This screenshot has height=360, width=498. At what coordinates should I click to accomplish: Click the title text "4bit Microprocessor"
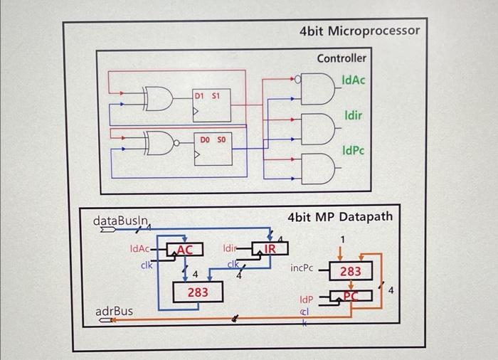[x=359, y=31]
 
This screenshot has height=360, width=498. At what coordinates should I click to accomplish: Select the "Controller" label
[x=341, y=58]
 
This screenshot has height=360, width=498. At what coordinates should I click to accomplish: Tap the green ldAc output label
[x=354, y=80]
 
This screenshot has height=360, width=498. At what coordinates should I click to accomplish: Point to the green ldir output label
[x=354, y=115]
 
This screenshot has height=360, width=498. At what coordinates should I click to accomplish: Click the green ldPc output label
[x=354, y=151]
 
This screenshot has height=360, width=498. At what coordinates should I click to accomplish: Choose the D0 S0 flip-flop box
[x=213, y=147]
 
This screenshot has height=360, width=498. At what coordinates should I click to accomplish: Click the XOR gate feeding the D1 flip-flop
[x=159, y=100]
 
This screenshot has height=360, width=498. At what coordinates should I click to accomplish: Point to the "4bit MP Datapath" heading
[x=340, y=216]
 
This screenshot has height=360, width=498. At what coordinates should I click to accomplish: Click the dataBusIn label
[x=121, y=221]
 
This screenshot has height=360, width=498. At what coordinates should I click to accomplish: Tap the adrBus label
[x=114, y=311]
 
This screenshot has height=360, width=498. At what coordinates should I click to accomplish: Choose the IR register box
[x=270, y=249]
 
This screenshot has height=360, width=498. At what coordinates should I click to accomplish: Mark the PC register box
[x=351, y=297]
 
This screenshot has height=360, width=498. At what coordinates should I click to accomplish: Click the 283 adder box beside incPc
[x=351, y=271]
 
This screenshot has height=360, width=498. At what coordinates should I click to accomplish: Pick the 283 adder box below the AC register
[x=198, y=292]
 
